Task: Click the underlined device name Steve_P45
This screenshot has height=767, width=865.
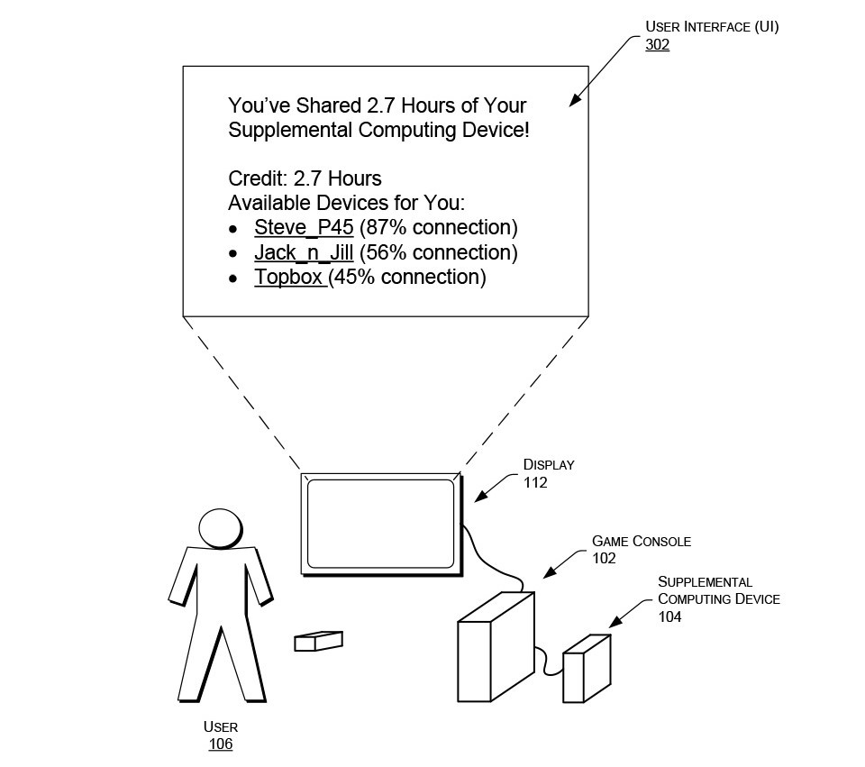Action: (x=304, y=227)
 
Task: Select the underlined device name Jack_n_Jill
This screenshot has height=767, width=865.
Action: (x=304, y=252)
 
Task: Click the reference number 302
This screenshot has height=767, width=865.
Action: (x=657, y=45)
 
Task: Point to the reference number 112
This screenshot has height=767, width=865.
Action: (x=535, y=483)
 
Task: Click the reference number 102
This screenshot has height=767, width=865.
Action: (x=604, y=559)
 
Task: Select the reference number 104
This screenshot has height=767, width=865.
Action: (x=669, y=616)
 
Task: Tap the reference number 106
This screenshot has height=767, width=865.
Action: (x=221, y=744)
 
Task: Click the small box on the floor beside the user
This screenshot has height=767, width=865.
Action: (x=318, y=641)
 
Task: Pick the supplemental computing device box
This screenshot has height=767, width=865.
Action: (x=587, y=668)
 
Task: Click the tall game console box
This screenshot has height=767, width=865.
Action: (x=496, y=647)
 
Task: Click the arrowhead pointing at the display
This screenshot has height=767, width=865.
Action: (x=481, y=496)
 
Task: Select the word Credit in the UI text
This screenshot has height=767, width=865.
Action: (x=258, y=178)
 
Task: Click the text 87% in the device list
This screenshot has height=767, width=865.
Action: (x=385, y=227)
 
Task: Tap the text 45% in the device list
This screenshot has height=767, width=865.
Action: (x=353, y=277)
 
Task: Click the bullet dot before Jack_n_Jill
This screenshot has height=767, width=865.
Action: (x=233, y=254)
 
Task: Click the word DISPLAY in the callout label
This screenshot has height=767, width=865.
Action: (x=549, y=465)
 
